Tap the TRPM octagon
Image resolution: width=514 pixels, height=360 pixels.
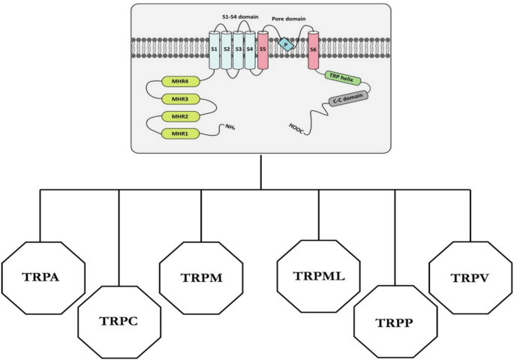pos(200,276)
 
